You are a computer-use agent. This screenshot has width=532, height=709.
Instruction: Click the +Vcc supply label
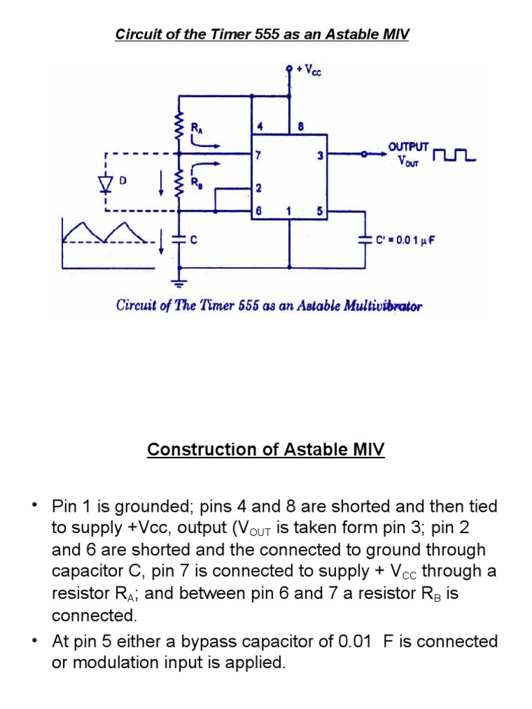pos(309,70)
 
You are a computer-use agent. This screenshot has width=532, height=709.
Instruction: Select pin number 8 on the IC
pos(300,127)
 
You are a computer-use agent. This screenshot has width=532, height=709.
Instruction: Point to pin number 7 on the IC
pos(257,155)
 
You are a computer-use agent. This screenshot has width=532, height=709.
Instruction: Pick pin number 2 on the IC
pos(258,188)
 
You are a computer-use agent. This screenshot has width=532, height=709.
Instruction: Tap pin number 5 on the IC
pos(320,212)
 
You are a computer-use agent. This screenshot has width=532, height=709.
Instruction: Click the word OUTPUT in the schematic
pos(409,147)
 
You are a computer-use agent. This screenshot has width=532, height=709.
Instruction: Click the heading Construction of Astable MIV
pos(266,449)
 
